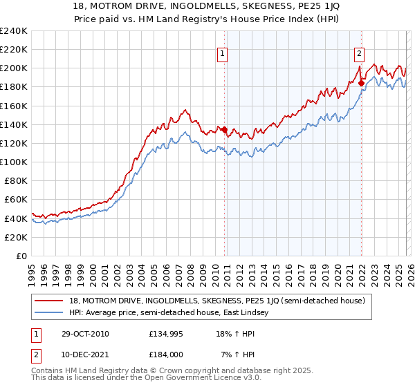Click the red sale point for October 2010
tap(225, 129)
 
